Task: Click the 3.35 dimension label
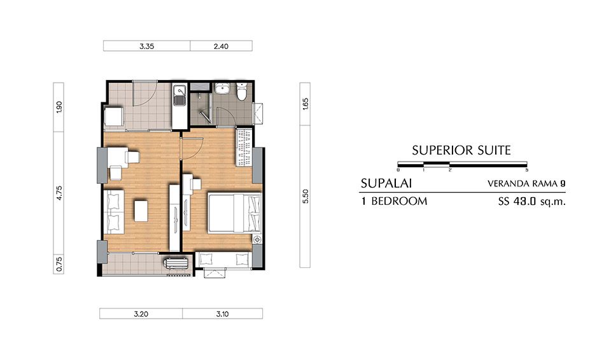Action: [146, 46]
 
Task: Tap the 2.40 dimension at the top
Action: [221, 46]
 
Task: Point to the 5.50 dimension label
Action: [305, 196]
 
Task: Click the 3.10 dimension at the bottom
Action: [223, 314]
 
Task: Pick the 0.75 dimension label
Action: [59, 264]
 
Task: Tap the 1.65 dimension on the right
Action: [305, 104]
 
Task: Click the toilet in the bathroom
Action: [242, 91]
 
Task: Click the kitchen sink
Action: [179, 96]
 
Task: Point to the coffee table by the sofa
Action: [141, 211]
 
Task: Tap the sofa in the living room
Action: [114, 212]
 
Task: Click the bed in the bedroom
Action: [234, 213]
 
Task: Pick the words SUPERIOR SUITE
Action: [461, 150]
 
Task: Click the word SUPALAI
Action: [386, 183]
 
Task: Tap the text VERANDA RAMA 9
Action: [526, 184]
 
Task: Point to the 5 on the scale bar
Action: [526, 170]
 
